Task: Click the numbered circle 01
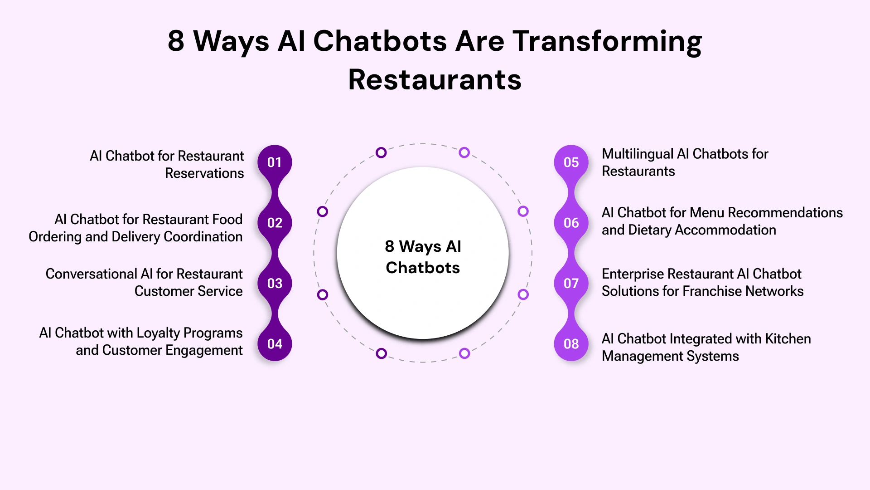click(x=275, y=162)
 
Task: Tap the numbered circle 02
click(x=275, y=223)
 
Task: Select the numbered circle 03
click(x=275, y=284)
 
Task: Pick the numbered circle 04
click(x=275, y=344)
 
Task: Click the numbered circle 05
click(x=571, y=162)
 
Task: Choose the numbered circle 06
click(x=571, y=223)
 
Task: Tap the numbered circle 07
click(x=571, y=284)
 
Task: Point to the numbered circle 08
click(x=571, y=344)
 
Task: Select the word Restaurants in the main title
click(x=435, y=80)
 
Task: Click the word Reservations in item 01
click(x=204, y=173)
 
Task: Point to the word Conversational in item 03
click(x=91, y=274)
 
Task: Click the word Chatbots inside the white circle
click(x=423, y=268)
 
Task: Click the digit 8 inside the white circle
click(x=389, y=246)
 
